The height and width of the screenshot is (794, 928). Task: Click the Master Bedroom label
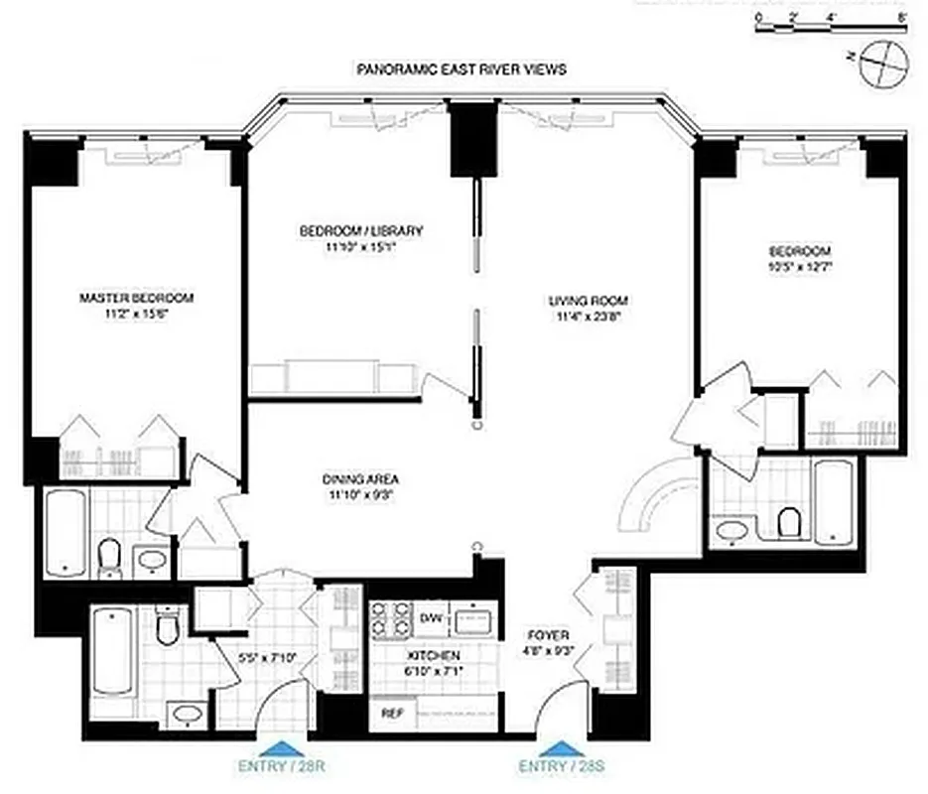tap(136, 297)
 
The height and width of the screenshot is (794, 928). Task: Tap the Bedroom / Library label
tap(361, 231)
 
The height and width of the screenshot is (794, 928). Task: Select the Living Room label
tap(589, 300)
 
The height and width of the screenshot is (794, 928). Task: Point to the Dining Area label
tap(361, 476)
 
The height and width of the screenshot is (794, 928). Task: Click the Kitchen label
tap(434, 656)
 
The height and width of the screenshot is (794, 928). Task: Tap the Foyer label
tap(548, 634)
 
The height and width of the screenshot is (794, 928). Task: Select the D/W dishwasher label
tap(430, 618)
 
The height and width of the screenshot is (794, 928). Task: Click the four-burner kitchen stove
tap(391, 618)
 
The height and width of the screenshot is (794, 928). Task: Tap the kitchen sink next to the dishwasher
tap(472, 619)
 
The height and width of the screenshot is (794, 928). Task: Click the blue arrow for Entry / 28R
tap(276, 747)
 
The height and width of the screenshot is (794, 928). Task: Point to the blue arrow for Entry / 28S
tap(556, 747)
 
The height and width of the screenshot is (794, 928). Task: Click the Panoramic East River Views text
tap(462, 69)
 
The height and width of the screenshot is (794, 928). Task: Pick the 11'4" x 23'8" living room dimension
tap(589, 317)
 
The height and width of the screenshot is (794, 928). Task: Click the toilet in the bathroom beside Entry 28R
tap(167, 625)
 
